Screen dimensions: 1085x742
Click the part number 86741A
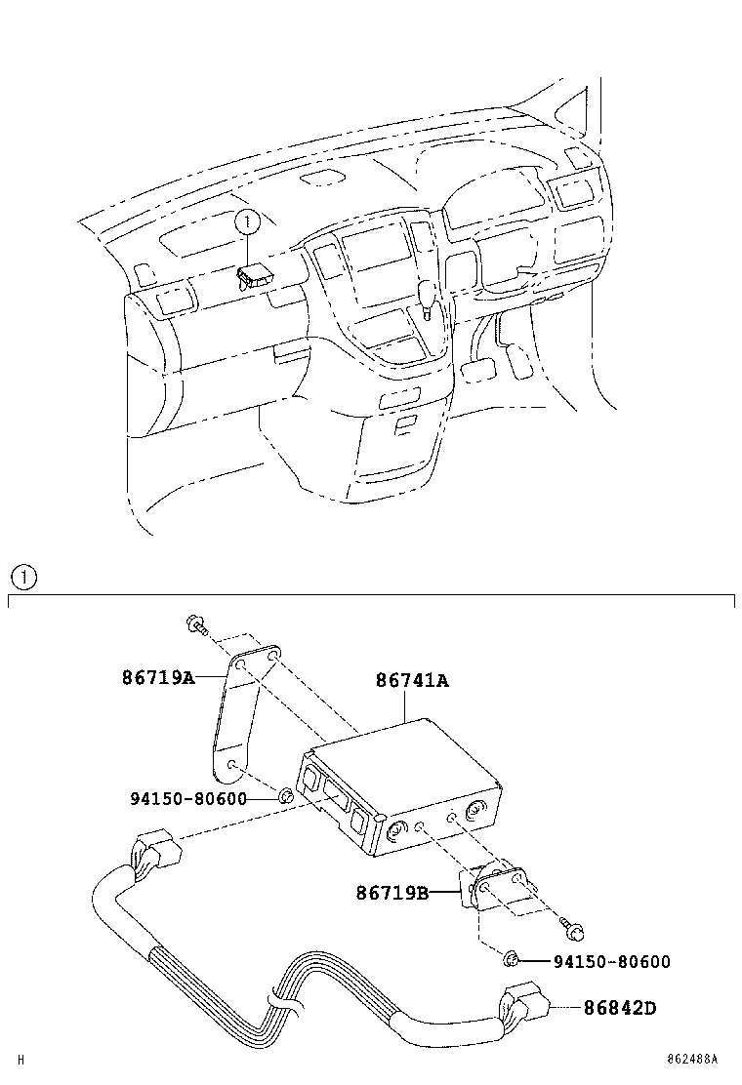[x=412, y=681]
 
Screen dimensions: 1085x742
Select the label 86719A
[x=159, y=676]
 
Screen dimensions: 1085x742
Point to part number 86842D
[x=620, y=1007]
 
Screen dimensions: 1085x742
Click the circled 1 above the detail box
[x=23, y=576]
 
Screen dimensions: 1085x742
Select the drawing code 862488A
[x=692, y=1059]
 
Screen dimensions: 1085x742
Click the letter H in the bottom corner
[x=20, y=1059]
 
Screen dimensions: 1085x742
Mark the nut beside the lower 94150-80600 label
[x=511, y=961]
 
